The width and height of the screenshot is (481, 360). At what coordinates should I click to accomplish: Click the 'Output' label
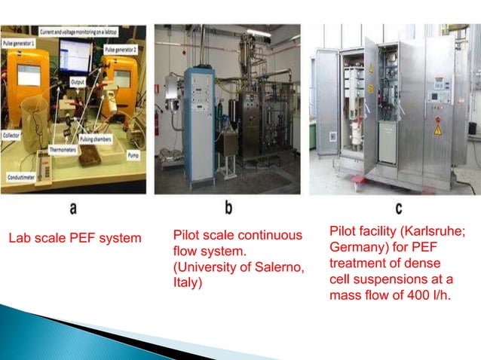tap(77, 81)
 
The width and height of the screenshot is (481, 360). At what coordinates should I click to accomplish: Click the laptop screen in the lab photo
tap(75, 55)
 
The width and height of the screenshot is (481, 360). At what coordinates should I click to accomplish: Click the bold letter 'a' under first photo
tap(73, 206)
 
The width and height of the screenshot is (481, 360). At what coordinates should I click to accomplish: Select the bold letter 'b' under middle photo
tap(228, 206)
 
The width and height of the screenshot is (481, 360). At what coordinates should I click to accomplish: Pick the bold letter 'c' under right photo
tap(398, 206)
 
